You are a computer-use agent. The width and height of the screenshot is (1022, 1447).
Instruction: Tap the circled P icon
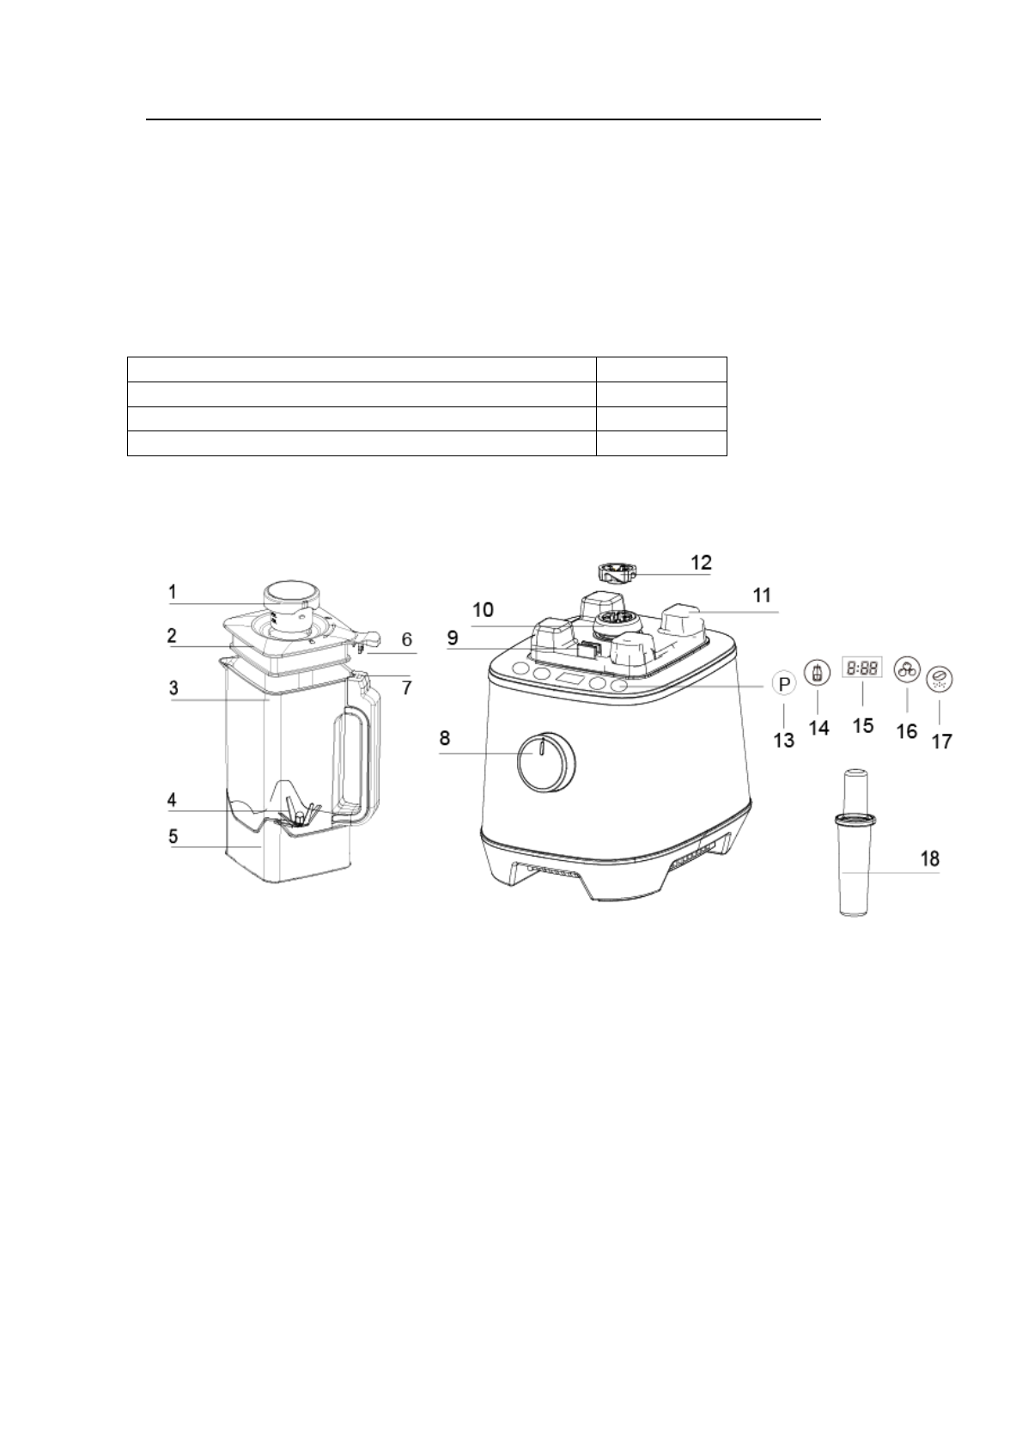coord(784,684)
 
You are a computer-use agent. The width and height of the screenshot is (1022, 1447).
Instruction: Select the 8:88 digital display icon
coord(862,668)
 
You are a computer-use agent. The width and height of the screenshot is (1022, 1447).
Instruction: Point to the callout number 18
coord(930,858)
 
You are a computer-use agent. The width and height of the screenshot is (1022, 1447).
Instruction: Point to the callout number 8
coord(445,738)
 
